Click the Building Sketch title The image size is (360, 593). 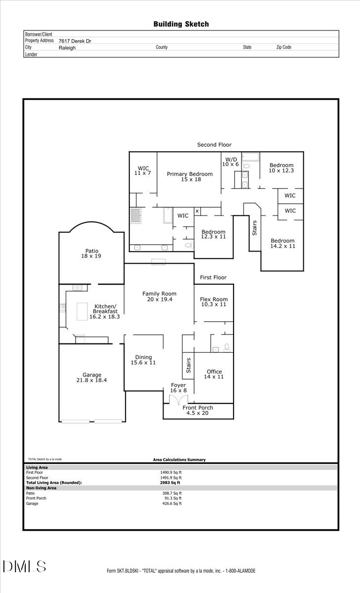(x=181, y=24)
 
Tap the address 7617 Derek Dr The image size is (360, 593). (x=75, y=42)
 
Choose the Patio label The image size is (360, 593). (x=91, y=254)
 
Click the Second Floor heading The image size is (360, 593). (x=214, y=145)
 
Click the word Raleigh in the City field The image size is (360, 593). (x=67, y=48)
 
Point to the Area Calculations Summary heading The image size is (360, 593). (x=179, y=460)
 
